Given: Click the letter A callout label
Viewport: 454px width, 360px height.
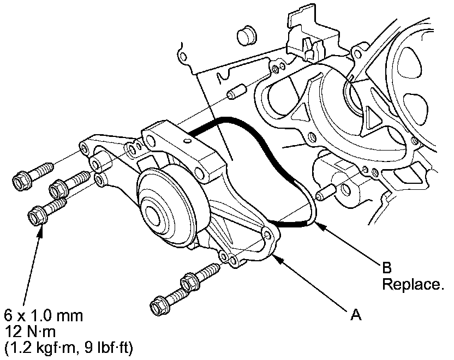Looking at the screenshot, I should pos(355,314).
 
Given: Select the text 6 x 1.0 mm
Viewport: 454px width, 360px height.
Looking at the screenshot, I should pos(43,315).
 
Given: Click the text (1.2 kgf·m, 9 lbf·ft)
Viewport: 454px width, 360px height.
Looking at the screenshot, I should pos(68,347).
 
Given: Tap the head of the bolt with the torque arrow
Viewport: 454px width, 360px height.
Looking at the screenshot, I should pos(35,215).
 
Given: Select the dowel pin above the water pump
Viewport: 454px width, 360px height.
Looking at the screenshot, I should pos(236,93).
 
